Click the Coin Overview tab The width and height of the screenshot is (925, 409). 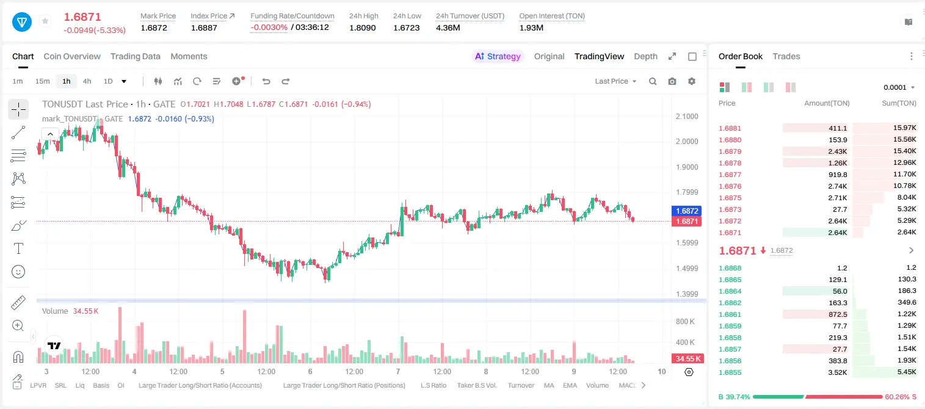(x=72, y=56)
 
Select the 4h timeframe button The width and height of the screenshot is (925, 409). (x=87, y=81)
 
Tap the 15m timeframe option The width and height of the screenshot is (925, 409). (x=43, y=81)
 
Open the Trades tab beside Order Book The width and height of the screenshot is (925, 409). (x=786, y=56)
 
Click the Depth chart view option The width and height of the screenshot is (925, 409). (x=645, y=56)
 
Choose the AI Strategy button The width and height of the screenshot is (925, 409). (x=498, y=56)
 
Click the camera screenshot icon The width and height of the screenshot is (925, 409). (x=672, y=81)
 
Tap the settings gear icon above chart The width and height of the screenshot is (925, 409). (x=692, y=81)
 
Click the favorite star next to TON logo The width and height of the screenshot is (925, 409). (x=45, y=21)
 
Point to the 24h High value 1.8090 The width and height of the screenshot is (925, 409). (x=363, y=27)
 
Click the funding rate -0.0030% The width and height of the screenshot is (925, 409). (x=269, y=27)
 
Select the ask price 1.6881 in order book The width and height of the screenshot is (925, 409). (x=730, y=128)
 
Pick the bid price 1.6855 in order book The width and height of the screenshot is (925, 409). (x=730, y=372)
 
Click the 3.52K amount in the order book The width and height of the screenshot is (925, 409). (x=837, y=372)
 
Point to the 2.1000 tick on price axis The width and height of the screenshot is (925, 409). (x=687, y=117)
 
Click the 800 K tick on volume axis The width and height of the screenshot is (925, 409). (x=685, y=322)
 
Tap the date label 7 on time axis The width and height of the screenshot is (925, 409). (x=397, y=371)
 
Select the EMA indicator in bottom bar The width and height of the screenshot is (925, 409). (x=570, y=385)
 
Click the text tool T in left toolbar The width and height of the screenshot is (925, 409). (x=18, y=248)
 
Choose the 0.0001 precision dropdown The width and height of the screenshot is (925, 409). (x=899, y=87)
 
